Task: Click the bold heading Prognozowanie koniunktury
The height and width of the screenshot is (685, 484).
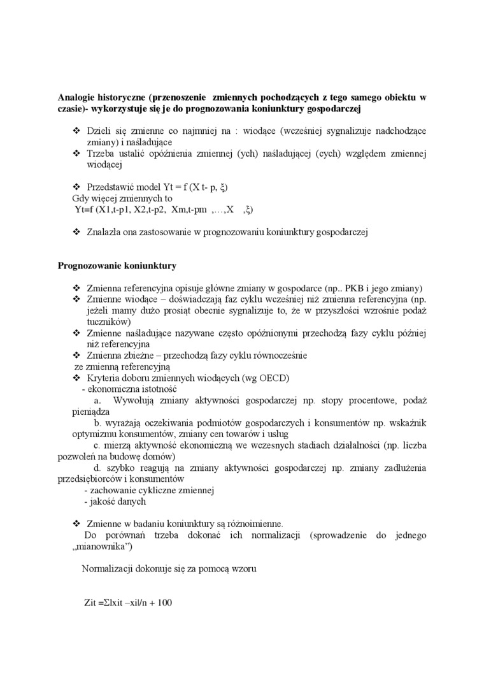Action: point(117,265)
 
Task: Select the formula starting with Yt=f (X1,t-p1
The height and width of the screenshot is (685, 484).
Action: point(164,210)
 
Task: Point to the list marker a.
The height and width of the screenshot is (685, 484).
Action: point(97,401)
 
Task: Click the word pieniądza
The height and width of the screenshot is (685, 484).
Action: point(90,412)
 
